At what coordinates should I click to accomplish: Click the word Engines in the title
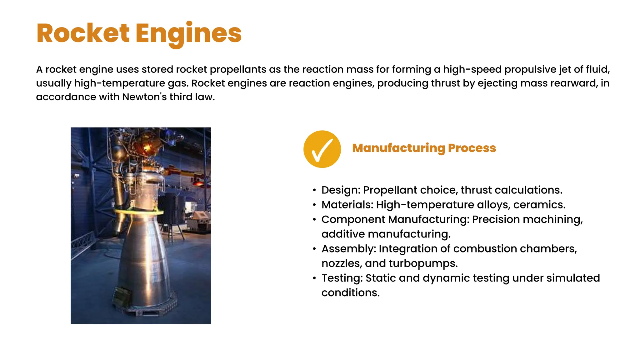[x=188, y=34]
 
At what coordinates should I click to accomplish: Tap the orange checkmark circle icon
[x=322, y=149]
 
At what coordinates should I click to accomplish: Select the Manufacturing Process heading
[x=424, y=148]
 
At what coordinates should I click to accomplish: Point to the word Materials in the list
[x=347, y=205]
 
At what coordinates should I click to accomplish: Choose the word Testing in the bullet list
[x=342, y=278]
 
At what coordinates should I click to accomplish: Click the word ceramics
[x=539, y=205]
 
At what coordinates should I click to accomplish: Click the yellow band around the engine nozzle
[x=139, y=212]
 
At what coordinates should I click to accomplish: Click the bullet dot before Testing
[x=314, y=278]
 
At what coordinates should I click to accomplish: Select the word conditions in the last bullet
[x=350, y=293]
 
